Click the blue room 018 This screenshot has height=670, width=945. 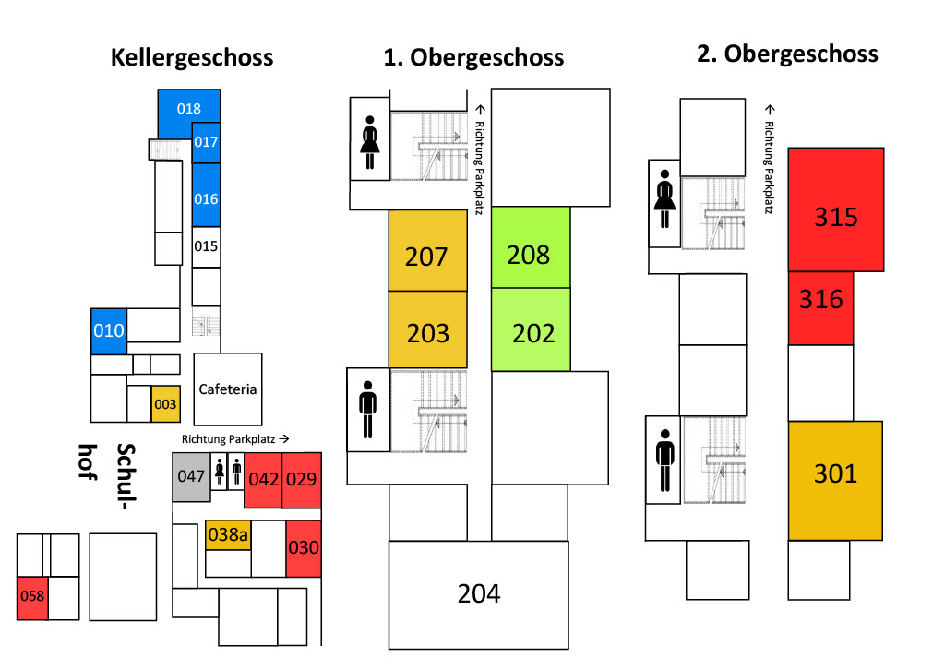tap(188, 109)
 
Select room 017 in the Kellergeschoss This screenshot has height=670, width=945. tap(206, 142)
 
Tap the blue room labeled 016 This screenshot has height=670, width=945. tap(206, 197)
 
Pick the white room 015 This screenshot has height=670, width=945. tap(206, 246)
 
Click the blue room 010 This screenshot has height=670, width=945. tap(108, 330)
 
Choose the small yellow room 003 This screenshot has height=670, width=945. tap(165, 404)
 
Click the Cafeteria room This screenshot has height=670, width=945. tap(228, 389)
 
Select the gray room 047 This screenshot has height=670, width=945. tap(191, 477)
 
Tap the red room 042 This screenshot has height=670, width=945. tap(263, 480)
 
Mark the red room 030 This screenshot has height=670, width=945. tap(303, 547)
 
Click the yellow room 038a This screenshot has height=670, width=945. tap(228, 533)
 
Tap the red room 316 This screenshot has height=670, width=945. tap(821, 300)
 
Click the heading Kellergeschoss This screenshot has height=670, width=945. tap(192, 57)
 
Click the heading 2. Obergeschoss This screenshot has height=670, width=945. tap(787, 54)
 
